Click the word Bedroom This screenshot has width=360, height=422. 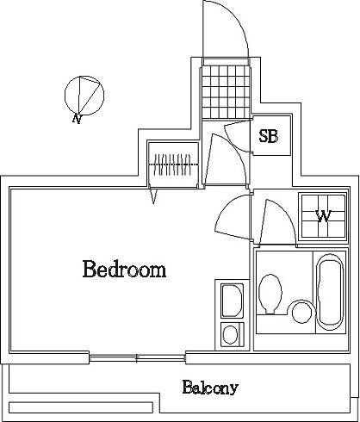(x=124, y=269)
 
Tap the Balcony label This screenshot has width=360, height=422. (x=210, y=388)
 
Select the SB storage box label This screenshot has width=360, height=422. (x=269, y=136)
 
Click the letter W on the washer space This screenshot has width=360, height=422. (x=324, y=216)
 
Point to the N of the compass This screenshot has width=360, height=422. (x=77, y=118)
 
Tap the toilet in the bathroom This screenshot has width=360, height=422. (x=270, y=294)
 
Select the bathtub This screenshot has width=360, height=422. (x=330, y=292)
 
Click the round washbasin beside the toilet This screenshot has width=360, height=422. (x=302, y=313)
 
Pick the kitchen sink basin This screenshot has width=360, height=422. (x=232, y=301)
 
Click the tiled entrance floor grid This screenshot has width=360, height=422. (x=226, y=92)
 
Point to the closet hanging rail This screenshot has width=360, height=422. (x=173, y=164)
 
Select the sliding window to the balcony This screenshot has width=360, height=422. (x=137, y=358)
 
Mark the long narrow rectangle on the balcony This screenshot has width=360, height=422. (x=81, y=407)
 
